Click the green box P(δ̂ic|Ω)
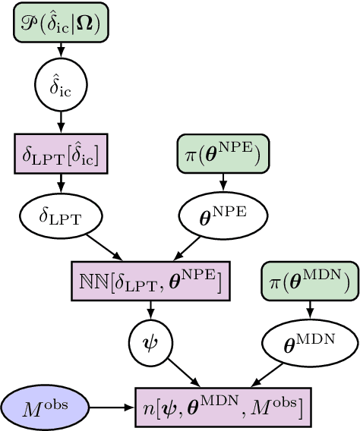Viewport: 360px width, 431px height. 61,24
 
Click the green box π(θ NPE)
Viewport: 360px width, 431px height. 223,155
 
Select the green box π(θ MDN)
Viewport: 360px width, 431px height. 309,282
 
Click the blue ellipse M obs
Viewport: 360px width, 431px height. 46,408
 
